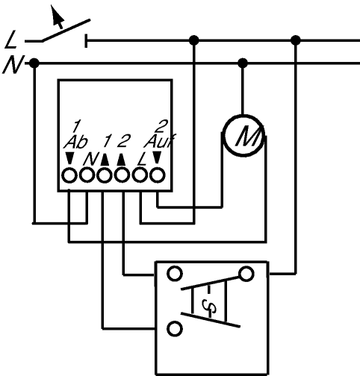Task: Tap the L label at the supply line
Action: pyautogui.click(x=11, y=40)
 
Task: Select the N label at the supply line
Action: pyautogui.click(x=13, y=65)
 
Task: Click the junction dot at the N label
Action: pyautogui.click(x=34, y=63)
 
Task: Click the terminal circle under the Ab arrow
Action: pyautogui.click(x=69, y=175)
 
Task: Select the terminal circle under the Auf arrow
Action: pyautogui.click(x=158, y=175)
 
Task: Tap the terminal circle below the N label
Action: pyautogui.click(x=87, y=175)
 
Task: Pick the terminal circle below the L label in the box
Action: pyautogui.click(x=140, y=175)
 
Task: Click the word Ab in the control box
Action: pyautogui.click(x=76, y=142)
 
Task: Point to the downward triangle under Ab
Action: pyautogui.click(x=69, y=158)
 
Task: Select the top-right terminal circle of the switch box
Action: pyautogui.click(x=246, y=274)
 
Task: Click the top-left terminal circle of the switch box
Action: pyautogui.click(x=175, y=274)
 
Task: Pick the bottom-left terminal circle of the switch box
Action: pyautogui.click(x=175, y=329)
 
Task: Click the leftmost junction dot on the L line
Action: pyautogui.click(x=194, y=40)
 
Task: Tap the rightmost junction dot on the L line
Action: pyautogui.click(x=296, y=40)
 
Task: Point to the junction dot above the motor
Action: pyautogui.click(x=243, y=63)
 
